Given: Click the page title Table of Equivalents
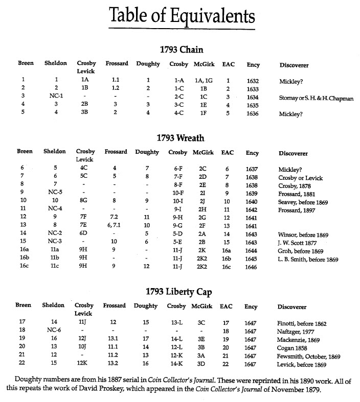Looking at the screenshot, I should tap(182, 17).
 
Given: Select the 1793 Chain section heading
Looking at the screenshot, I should tap(182, 50).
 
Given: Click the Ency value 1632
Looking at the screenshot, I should tap(252, 80).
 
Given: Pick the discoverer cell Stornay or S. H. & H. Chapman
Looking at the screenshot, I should tap(316, 98).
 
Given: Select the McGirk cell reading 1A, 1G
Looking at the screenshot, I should tap(203, 80).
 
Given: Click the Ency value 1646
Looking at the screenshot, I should tap(253, 267).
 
